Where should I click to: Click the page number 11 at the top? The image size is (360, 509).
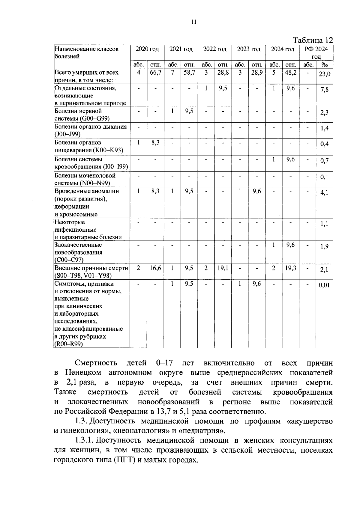(x=193, y=22)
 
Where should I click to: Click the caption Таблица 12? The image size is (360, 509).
(x=313, y=40)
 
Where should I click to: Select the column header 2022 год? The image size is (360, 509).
(x=214, y=49)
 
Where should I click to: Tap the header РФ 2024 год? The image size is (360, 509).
(x=316, y=53)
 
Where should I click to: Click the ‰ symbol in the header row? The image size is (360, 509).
(x=324, y=64)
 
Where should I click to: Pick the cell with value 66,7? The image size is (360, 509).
(x=155, y=73)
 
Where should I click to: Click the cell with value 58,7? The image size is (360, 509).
(x=189, y=73)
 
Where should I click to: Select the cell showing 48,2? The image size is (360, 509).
(x=290, y=73)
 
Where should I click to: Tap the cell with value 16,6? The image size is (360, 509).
(x=155, y=268)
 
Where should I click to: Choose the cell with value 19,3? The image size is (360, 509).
(x=290, y=268)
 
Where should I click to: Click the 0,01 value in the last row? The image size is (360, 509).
(x=324, y=285)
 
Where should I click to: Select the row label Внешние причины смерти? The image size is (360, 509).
(x=91, y=268)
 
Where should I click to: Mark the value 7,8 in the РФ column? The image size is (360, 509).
(x=324, y=90)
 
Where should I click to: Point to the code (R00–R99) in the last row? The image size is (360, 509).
(x=69, y=344)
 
